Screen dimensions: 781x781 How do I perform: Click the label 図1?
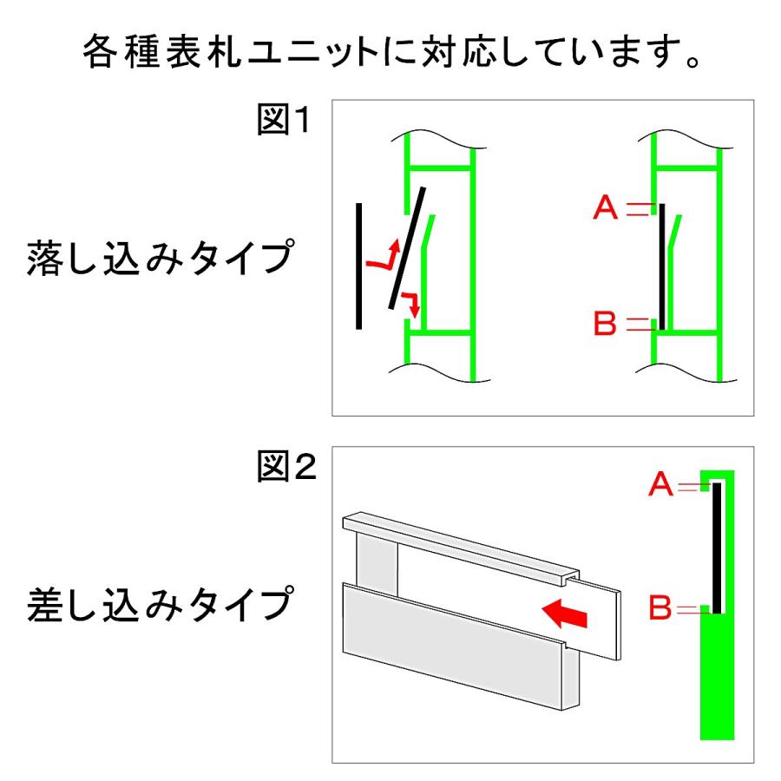point(284,119)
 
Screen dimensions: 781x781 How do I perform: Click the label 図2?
point(284,469)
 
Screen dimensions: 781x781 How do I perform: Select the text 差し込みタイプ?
point(156,605)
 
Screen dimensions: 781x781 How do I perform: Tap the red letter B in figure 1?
point(605,325)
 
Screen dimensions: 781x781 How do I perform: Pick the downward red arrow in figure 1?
point(410,304)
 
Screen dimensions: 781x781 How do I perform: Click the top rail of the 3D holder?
point(460,547)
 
